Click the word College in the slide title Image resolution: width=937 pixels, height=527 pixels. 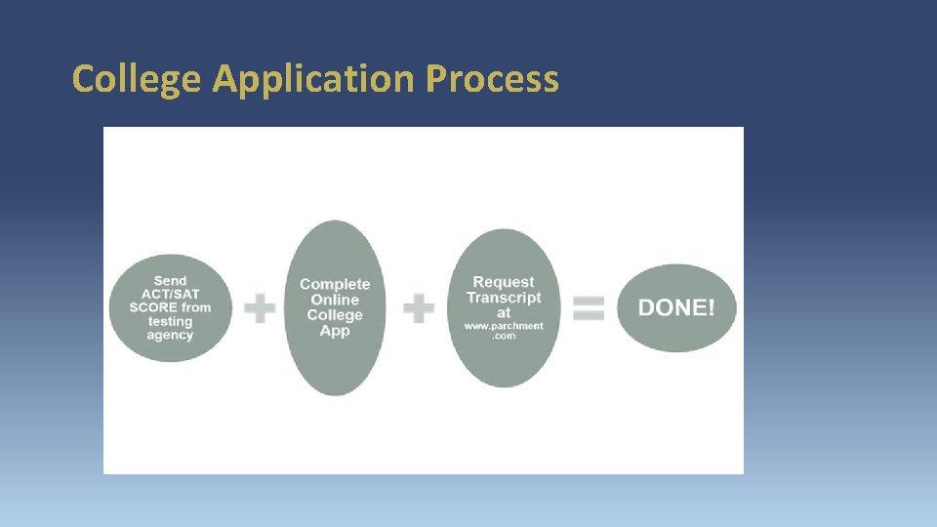138,79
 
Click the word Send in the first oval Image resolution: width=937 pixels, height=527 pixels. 170,281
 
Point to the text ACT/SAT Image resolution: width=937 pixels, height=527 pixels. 170,294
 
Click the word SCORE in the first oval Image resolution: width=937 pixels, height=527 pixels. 153,307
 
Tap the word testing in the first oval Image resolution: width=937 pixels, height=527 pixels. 170,321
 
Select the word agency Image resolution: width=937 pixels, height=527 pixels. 170,335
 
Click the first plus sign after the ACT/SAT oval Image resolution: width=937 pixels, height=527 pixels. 260,309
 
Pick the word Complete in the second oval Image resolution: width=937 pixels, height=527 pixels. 335,284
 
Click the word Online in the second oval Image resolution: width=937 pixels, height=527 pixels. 335,300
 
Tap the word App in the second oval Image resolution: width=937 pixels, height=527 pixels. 335,331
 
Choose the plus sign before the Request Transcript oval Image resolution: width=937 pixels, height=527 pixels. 419,309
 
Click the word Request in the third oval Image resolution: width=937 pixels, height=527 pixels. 504,282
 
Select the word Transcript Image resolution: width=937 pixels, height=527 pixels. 504,298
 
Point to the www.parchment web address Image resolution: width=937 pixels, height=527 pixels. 504,326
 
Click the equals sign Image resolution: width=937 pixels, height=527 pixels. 588,309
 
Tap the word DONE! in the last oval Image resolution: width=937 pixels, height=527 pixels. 676,308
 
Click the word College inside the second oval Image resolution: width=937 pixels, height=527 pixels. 335,315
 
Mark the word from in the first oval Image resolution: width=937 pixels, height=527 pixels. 196,307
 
